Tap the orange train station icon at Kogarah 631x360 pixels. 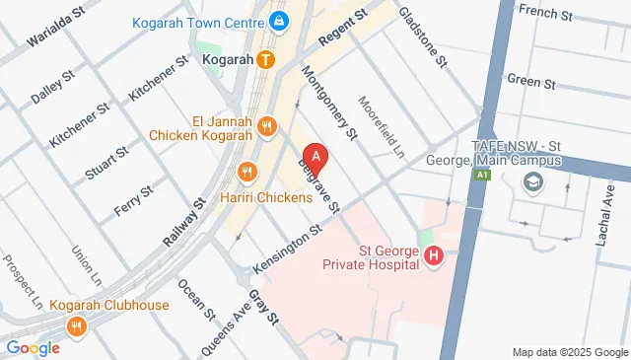tap(265, 59)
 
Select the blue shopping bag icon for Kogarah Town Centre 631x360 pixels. tap(279, 19)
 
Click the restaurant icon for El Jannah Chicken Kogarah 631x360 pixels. tap(266, 125)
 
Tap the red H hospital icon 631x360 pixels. tap(433, 257)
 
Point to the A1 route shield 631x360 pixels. tap(482, 175)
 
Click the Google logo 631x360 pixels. tap(33, 347)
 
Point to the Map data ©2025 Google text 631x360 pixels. tap(569, 352)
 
